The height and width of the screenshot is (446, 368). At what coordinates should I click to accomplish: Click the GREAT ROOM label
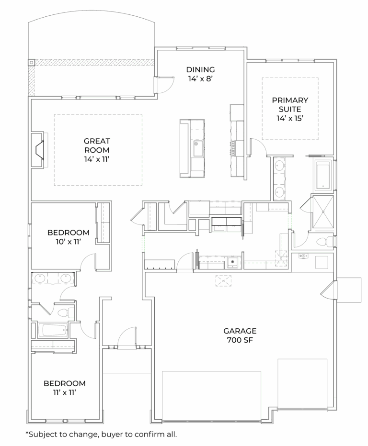point(97,145)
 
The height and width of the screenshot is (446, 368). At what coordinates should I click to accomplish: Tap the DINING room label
point(200,70)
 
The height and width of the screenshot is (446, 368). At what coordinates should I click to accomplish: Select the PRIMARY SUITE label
point(290,105)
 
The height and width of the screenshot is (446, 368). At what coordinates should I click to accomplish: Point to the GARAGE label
point(240,331)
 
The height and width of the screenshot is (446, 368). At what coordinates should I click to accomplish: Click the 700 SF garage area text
point(240,340)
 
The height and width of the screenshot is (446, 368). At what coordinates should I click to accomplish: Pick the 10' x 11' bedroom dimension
point(69,242)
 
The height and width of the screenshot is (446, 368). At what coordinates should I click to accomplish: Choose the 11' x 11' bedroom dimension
point(65,392)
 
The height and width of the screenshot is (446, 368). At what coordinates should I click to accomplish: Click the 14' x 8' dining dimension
point(200,79)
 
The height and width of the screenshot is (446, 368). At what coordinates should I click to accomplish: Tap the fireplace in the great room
point(39,150)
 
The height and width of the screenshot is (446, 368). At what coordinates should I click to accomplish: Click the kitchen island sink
point(198,148)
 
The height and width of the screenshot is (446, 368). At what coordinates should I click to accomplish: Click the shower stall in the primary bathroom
point(323,212)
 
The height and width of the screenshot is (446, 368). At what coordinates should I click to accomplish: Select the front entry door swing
point(127,337)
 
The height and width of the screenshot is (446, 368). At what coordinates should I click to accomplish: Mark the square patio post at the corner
point(31,62)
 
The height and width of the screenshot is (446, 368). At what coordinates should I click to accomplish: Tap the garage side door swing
point(328,290)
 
